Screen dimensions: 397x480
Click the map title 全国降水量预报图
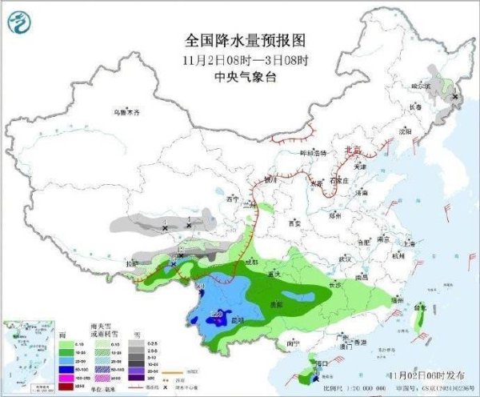pos(246,39)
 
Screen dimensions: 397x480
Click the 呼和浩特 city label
pos(313,152)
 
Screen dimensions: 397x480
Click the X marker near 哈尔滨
pos(455,97)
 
